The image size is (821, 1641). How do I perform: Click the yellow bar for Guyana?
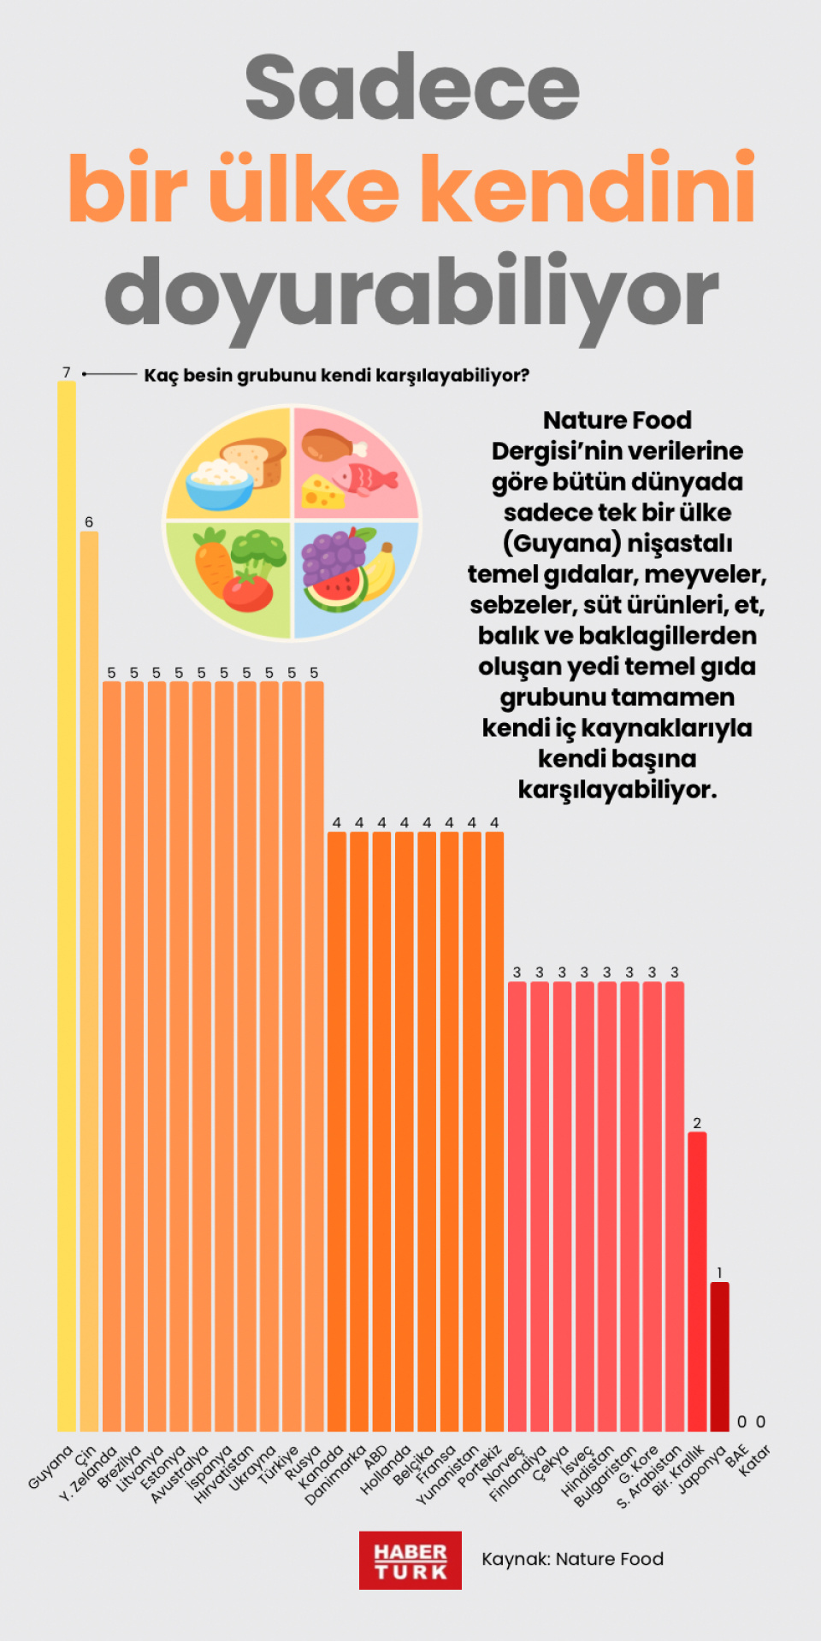[x=67, y=906]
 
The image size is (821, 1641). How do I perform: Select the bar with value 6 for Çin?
[x=89, y=983]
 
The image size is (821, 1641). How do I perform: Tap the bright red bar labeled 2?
[x=697, y=1282]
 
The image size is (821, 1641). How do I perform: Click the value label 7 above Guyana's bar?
[x=67, y=373]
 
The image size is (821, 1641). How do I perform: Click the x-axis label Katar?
[x=754, y=1460]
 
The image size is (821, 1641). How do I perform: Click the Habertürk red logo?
[x=410, y=1561]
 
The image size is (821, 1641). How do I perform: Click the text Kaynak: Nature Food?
[x=572, y=1559]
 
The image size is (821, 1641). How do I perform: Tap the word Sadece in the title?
[x=411, y=87]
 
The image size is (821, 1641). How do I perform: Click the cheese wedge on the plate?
[x=322, y=491]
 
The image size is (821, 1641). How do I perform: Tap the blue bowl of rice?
[x=220, y=484]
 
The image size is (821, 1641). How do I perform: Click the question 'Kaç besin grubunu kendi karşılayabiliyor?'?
[x=336, y=375]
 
